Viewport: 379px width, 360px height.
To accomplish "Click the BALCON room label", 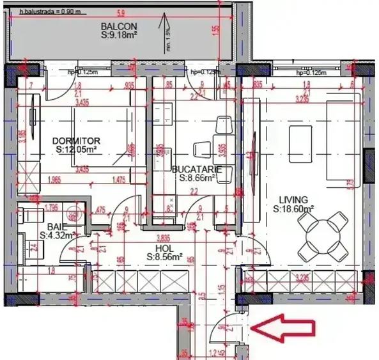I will [116, 26].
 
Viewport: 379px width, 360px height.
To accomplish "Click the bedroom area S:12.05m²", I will [75, 149].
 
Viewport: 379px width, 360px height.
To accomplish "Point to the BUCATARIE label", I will [197, 169].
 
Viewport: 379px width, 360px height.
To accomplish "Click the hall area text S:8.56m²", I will [166, 257].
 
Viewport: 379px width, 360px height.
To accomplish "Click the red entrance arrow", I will [284, 328].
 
